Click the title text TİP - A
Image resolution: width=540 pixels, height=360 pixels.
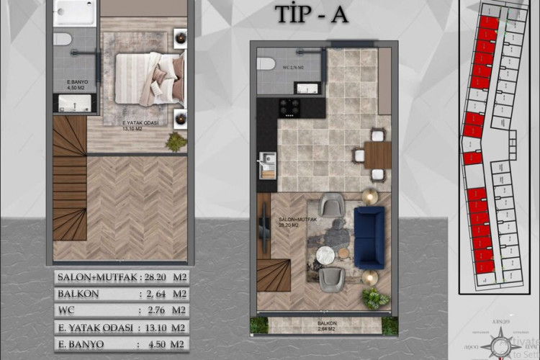pos(311,14)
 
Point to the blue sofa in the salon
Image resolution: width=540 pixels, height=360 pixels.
pos(370,236)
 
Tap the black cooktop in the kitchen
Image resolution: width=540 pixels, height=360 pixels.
pos(291,107)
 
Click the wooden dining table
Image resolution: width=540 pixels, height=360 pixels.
pos(377,154)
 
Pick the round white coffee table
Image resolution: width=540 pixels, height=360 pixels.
pos(325,254)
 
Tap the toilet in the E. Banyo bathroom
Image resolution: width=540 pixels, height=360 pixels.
pos(63,39)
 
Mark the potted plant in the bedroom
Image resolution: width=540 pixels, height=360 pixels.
pos(175,142)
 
